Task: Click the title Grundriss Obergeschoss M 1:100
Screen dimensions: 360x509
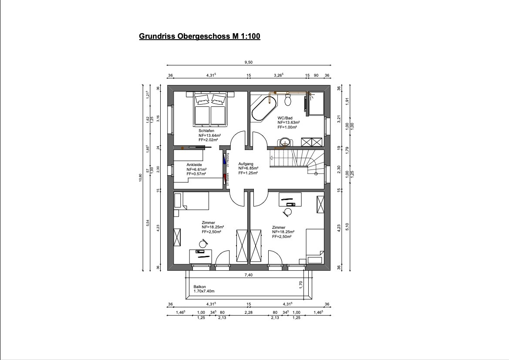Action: tap(199, 37)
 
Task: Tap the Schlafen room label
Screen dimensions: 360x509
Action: tap(206, 131)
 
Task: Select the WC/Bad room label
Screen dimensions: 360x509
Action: tap(285, 118)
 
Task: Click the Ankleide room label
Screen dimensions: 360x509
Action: tap(194, 165)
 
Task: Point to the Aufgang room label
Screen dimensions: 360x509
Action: tap(246, 164)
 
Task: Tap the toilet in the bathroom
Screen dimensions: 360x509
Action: tap(287, 101)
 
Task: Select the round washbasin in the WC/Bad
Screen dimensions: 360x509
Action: tap(286, 142)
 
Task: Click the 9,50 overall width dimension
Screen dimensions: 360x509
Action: tap(249, 63)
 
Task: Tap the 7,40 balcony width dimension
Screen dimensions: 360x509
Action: tap(249, 275)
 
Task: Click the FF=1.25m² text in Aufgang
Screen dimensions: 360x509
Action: tap(248, 173)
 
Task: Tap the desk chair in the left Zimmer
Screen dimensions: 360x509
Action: tap(203, 243)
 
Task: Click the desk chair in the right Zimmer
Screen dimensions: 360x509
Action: tap(287, 212)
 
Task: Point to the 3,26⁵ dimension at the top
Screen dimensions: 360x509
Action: tap(278, 75)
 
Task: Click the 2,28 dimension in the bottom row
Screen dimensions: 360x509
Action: tap(249, 312)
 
